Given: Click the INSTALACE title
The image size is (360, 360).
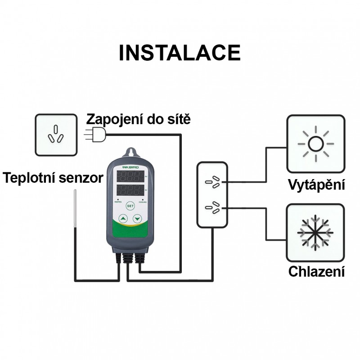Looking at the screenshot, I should [x=180, y=53].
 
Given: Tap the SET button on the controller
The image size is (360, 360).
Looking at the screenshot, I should [x=130, y=206].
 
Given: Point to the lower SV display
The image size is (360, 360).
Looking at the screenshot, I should [x=130, y=190].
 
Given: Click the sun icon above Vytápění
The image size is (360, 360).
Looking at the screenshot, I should [x=316, y=144].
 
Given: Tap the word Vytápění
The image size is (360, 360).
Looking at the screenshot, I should [x=316, y=184].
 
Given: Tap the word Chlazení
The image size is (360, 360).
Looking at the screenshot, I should [x=316, y=272].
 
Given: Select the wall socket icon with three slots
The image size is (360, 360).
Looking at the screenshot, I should [x=55, y=135].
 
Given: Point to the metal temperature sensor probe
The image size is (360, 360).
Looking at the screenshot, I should [x=75, y=211].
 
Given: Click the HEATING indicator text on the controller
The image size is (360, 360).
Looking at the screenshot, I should [x=117, y=202].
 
